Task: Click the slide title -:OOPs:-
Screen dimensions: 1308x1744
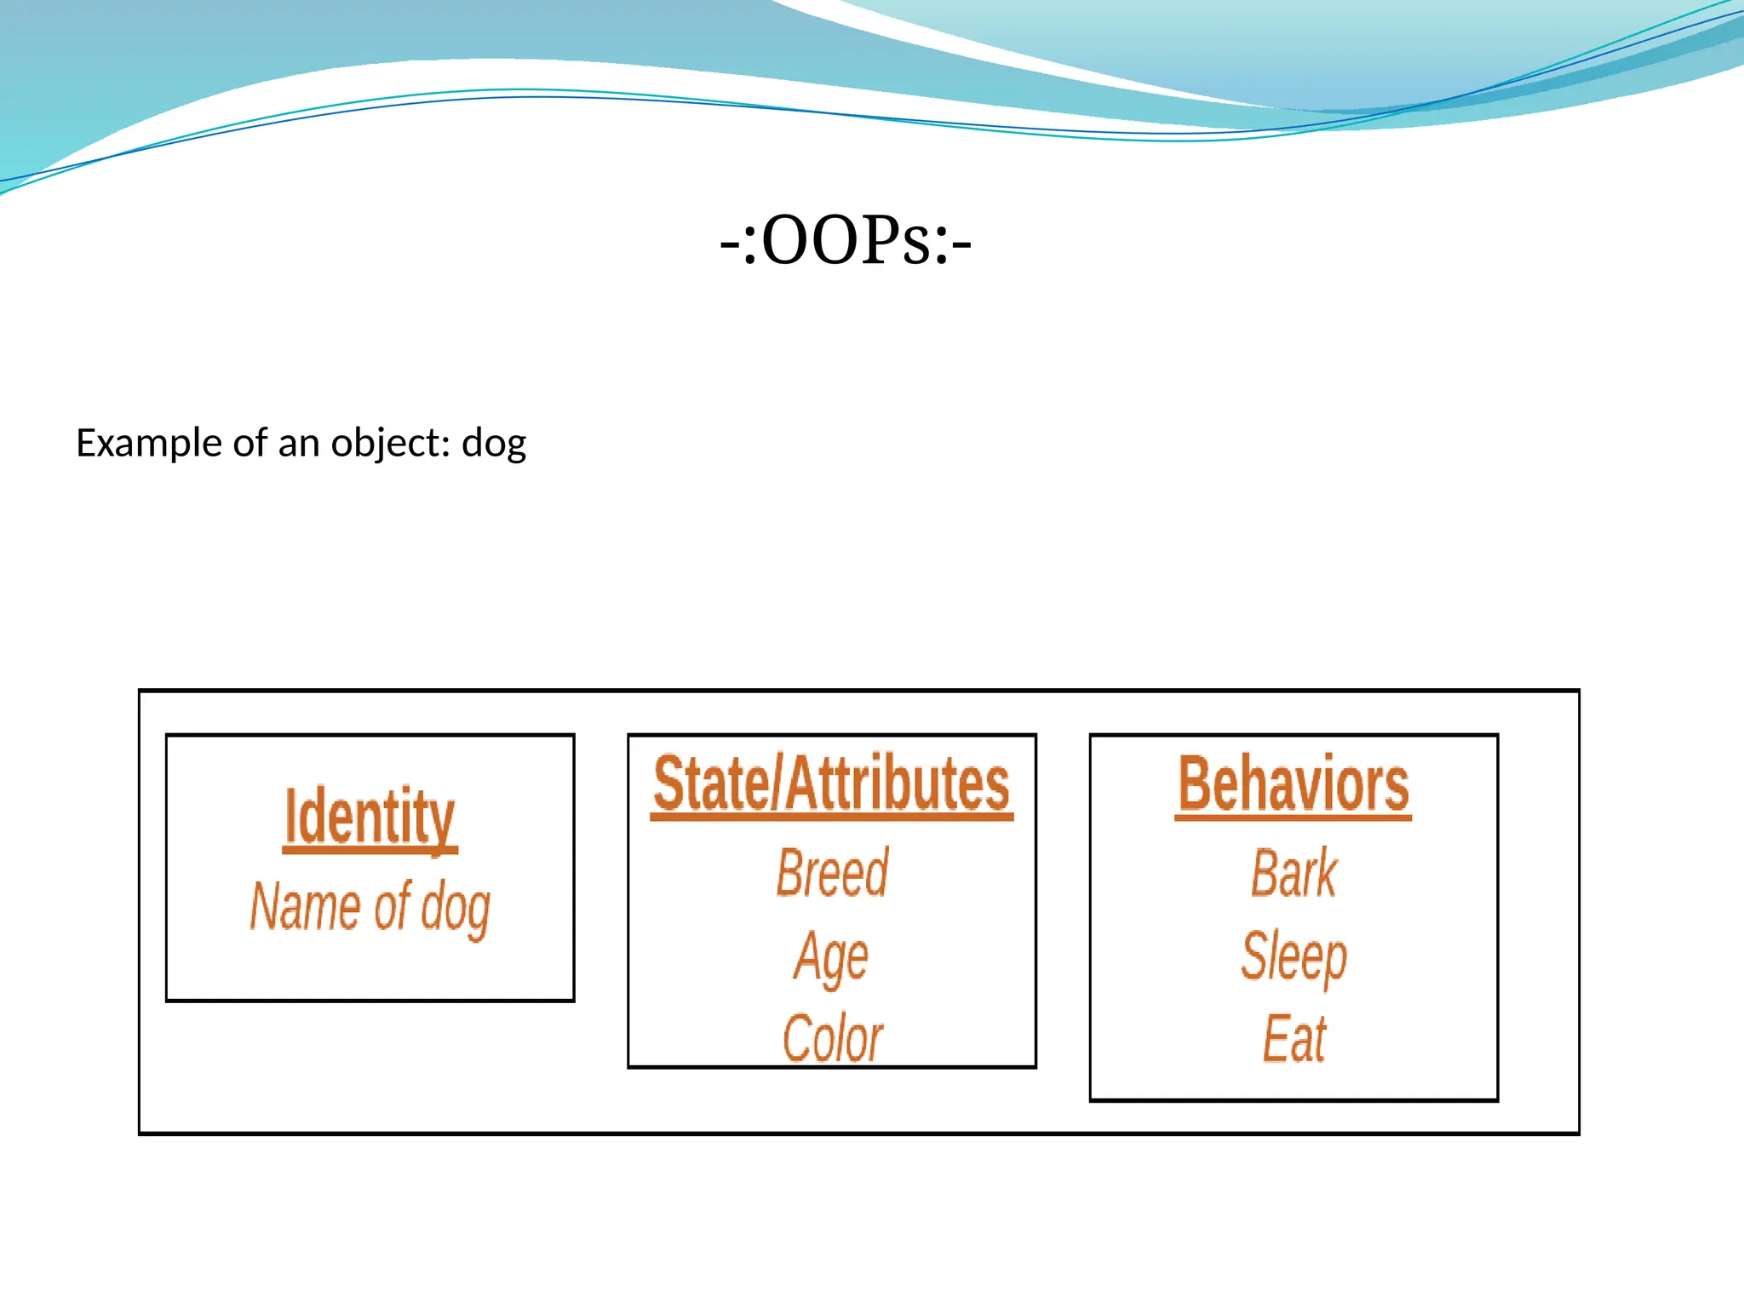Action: tap(845, 241)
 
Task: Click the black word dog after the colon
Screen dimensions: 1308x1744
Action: tap(494, 444)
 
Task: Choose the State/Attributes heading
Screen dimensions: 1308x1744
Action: tap(831, 784)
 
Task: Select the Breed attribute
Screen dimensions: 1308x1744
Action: tap(832, 873)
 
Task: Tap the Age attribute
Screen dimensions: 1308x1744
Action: tap(831, 956)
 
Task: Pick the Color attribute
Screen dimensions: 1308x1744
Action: tap(832, 1038)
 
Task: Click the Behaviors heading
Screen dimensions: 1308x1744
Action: tap(1293, 784)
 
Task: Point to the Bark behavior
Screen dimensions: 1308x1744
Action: tap(1294, 873)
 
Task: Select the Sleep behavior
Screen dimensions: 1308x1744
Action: tap(1294, 956)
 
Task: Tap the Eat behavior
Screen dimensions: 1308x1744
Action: tap(1294, 1038)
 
